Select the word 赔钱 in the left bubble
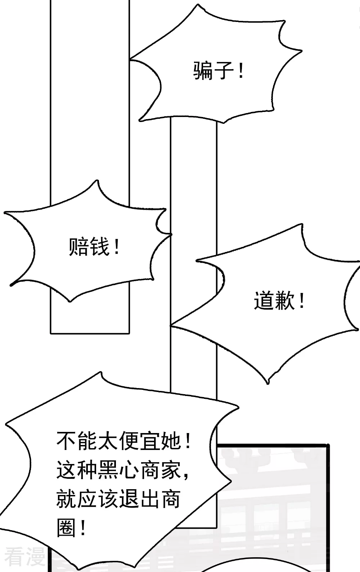point(89,247)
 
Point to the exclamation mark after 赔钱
point(116,247)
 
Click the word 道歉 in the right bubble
point(274,301)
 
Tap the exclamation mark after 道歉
point(302,301)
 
